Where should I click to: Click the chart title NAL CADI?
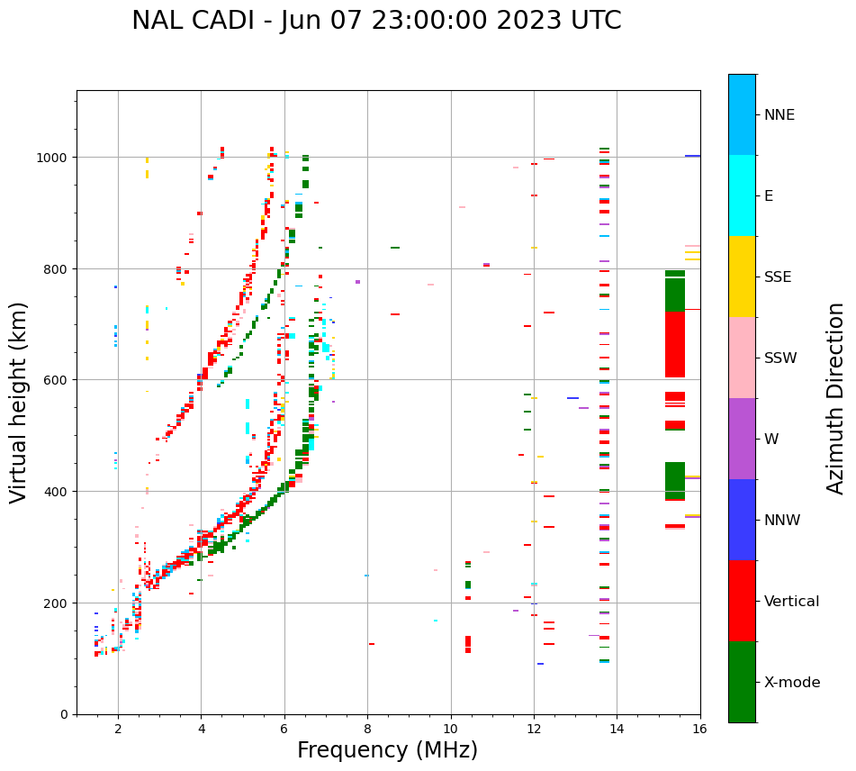point(376,21)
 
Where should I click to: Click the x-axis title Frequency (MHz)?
point(387,750)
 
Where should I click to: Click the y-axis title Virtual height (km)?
point(19,402)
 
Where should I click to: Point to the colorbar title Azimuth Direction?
point(836,398)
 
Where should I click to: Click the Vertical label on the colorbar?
point(791,602)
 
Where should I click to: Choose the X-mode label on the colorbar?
point(792,683)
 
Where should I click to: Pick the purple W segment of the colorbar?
point(742,439)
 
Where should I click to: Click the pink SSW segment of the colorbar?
point(742,358)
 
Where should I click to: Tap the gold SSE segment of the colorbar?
point(742,277)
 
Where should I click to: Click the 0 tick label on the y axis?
point(64,714)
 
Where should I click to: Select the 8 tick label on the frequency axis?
point(367,729)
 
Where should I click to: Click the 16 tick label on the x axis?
point(699,729)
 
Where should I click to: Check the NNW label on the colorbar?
point(782,521)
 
